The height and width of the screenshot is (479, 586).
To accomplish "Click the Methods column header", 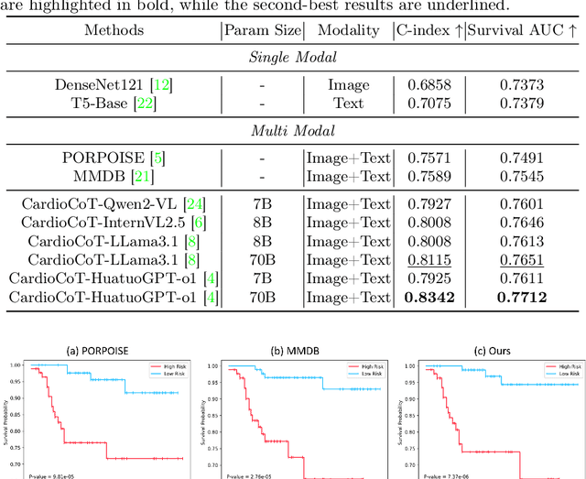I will tap(114, 30).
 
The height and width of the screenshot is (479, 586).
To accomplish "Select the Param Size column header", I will tap(262, 30).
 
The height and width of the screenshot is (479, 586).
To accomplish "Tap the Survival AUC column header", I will tap(522, 30).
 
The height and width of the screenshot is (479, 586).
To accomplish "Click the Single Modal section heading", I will tap(292, 57).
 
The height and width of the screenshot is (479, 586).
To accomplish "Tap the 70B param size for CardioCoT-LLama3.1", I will tap(262, 258).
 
